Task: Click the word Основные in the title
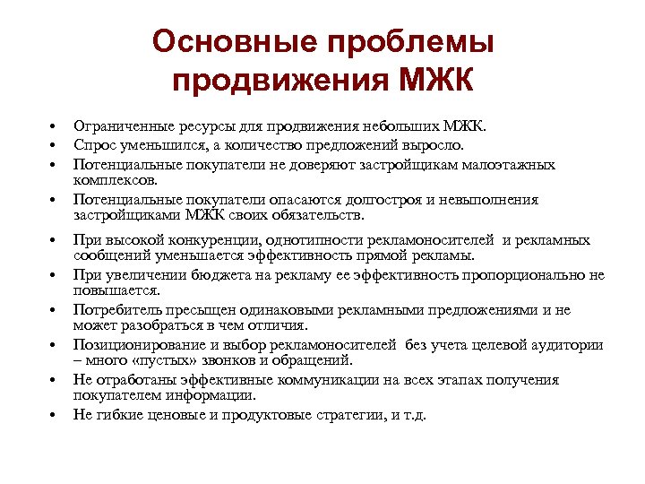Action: [233, 41]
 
